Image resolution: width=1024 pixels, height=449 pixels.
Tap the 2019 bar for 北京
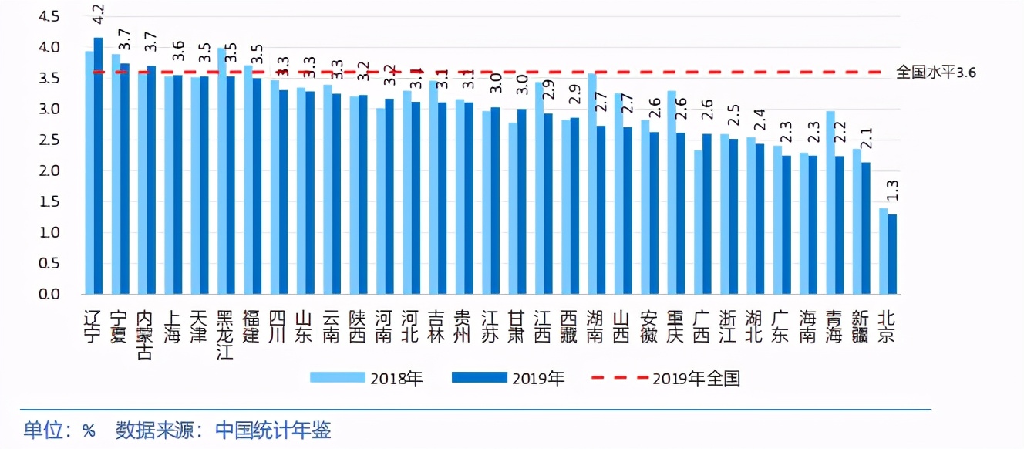point(892,255)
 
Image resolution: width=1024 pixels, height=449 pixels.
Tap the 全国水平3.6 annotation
point(935,73)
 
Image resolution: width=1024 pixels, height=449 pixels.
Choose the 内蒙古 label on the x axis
point(143,334)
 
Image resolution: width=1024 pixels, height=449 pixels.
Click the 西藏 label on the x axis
point(569,326)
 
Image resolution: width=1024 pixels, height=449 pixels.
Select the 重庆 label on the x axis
point(675,326)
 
